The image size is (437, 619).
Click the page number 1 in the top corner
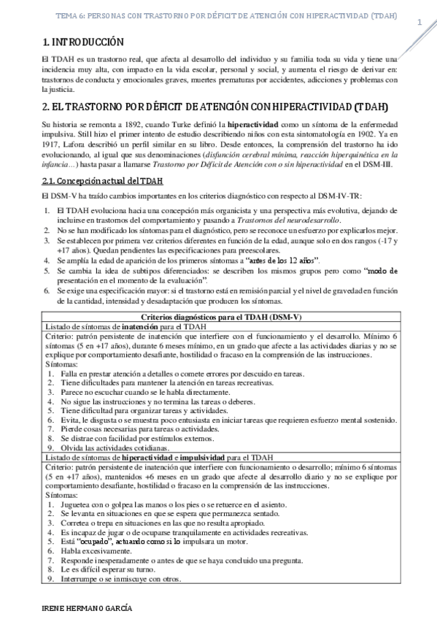419,22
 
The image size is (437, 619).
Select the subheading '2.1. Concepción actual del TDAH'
102,182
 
